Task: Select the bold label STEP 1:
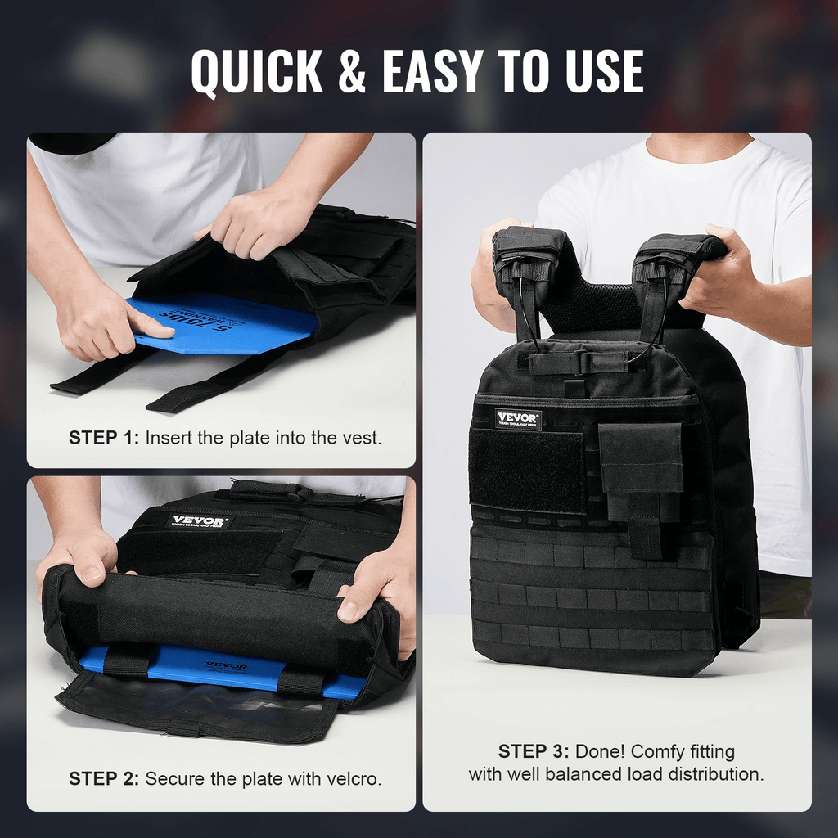point(105,438)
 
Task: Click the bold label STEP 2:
point(105,778)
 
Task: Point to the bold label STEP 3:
point(534,751)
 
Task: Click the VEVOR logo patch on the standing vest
point(517,419)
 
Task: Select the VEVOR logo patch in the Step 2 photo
point(200,521)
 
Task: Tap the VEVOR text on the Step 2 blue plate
point(226,666)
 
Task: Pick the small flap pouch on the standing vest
point(640,458)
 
